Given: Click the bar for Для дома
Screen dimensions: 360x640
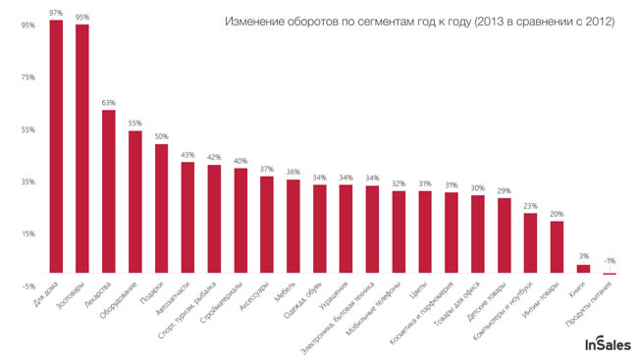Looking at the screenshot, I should click(x=56, y=147).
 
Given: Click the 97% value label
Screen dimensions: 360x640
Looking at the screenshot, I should click(x=56, y=14).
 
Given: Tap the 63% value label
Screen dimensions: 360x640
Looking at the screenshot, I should click(x=109, y=103).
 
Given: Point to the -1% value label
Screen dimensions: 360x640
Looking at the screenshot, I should click(x=610, y=261).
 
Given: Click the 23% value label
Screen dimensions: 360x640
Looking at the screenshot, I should click(x=530, y=206).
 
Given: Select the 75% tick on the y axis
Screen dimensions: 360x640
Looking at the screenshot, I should click(x=27, y=77).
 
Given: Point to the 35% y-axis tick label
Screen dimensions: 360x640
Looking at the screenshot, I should click(x=27, y=181).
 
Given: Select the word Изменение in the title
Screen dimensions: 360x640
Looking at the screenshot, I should click(x=256, y=21).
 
